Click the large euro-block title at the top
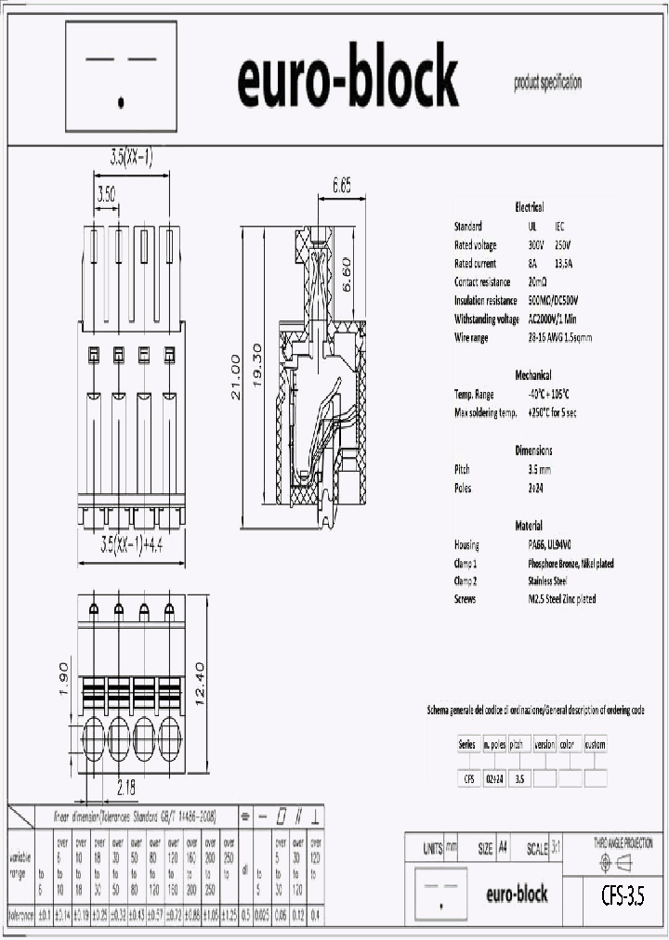coord(348,79)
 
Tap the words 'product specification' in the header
coord(547,84)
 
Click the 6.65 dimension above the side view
coord(342,186)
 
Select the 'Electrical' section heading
coord(529,207)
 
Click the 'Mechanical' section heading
coord(533,375)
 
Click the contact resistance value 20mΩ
coord(537,281)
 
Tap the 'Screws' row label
coord(466,600)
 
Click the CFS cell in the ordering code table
coord(468,779)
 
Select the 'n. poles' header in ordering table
coord(493,744)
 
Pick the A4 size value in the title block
coord(504,849)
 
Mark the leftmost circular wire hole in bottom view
coord(94,739)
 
